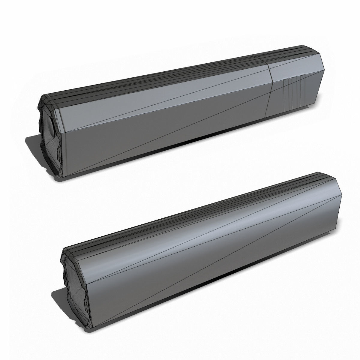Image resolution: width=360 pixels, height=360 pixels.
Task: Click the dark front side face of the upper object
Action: [150, 135]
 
